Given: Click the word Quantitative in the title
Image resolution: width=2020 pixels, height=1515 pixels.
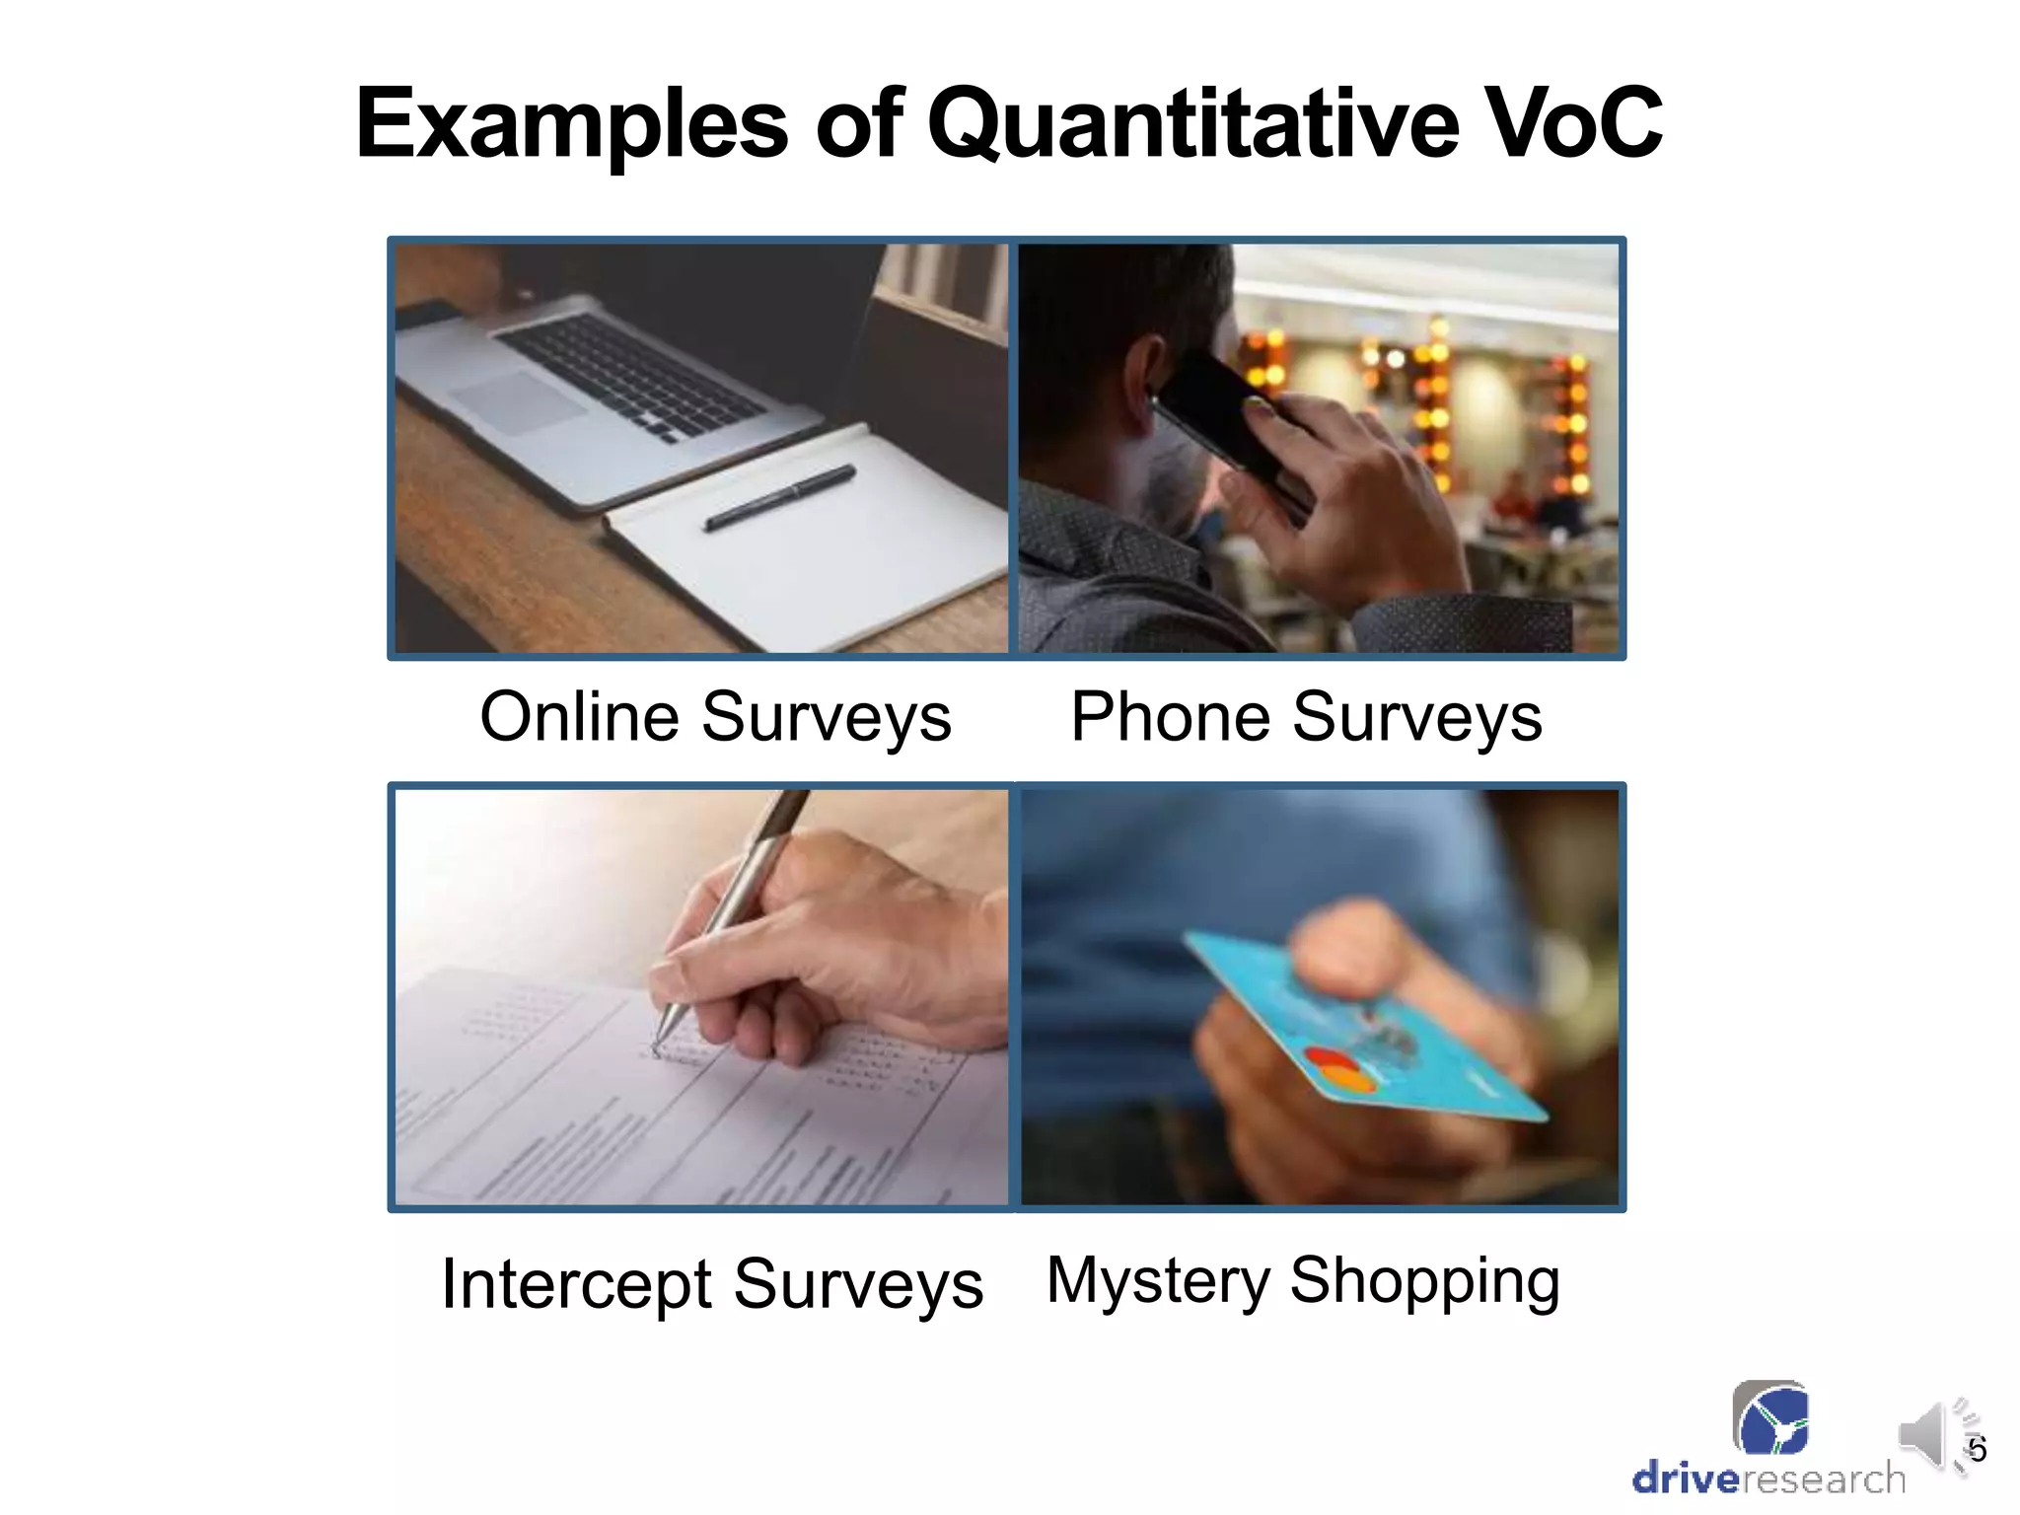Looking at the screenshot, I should (1192, 124).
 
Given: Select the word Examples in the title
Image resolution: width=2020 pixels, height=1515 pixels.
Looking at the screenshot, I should (572, 124).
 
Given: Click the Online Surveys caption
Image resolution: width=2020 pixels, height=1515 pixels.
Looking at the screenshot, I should (715, 717).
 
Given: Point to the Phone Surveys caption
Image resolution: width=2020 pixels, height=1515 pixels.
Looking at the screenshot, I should (1306, 717).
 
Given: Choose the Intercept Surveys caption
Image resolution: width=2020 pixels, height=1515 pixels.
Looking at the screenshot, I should (712, 1284).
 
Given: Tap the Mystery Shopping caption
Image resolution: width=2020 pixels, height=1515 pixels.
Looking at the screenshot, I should (1303, 1280).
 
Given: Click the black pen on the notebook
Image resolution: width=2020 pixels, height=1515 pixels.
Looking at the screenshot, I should (779, 497).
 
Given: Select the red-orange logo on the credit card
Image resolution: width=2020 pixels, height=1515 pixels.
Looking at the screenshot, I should (1341, 1071).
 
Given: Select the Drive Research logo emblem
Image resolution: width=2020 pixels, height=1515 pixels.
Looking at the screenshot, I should (1770, 1418).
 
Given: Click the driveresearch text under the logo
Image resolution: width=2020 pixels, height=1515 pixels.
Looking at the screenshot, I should (1768, 1479).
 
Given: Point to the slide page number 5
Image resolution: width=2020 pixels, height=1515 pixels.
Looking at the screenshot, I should (1977, 1450).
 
